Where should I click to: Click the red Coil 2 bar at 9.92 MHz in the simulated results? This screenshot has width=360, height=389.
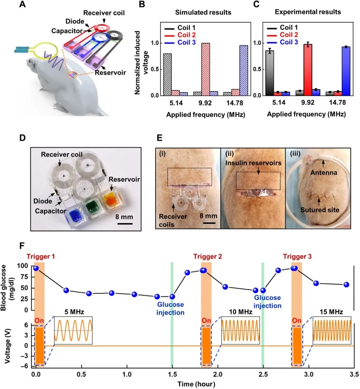click(x=205, y=69)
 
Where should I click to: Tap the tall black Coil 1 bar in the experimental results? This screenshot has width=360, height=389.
click(x=270, y=73)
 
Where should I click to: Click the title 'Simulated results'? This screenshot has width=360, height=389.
click(x=203, y=12)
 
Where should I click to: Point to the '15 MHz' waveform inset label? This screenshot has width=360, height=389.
click(x=332, y=312)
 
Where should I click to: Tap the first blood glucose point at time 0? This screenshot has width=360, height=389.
click(x=36, y=268)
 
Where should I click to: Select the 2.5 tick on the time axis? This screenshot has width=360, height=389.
click(x=262, y=375)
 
